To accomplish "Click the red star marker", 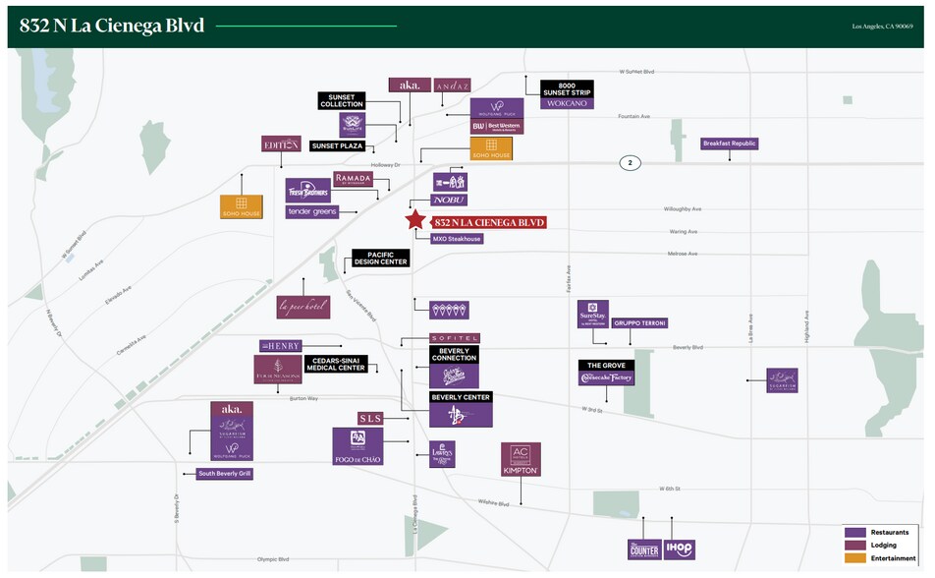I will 415,221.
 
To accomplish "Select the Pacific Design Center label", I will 380,259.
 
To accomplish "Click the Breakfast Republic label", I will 730,144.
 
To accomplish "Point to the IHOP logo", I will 679,549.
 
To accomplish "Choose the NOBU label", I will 450,200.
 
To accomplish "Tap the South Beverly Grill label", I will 225,474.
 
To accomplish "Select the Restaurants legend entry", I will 883,532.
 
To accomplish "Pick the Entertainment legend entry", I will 883,558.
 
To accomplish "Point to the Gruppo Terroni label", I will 640,322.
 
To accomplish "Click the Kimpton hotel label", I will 521,471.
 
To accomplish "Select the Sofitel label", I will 454,338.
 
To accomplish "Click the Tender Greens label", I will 312,211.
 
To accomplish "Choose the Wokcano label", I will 567,103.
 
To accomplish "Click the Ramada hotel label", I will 354,179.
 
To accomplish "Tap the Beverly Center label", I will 461,397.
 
